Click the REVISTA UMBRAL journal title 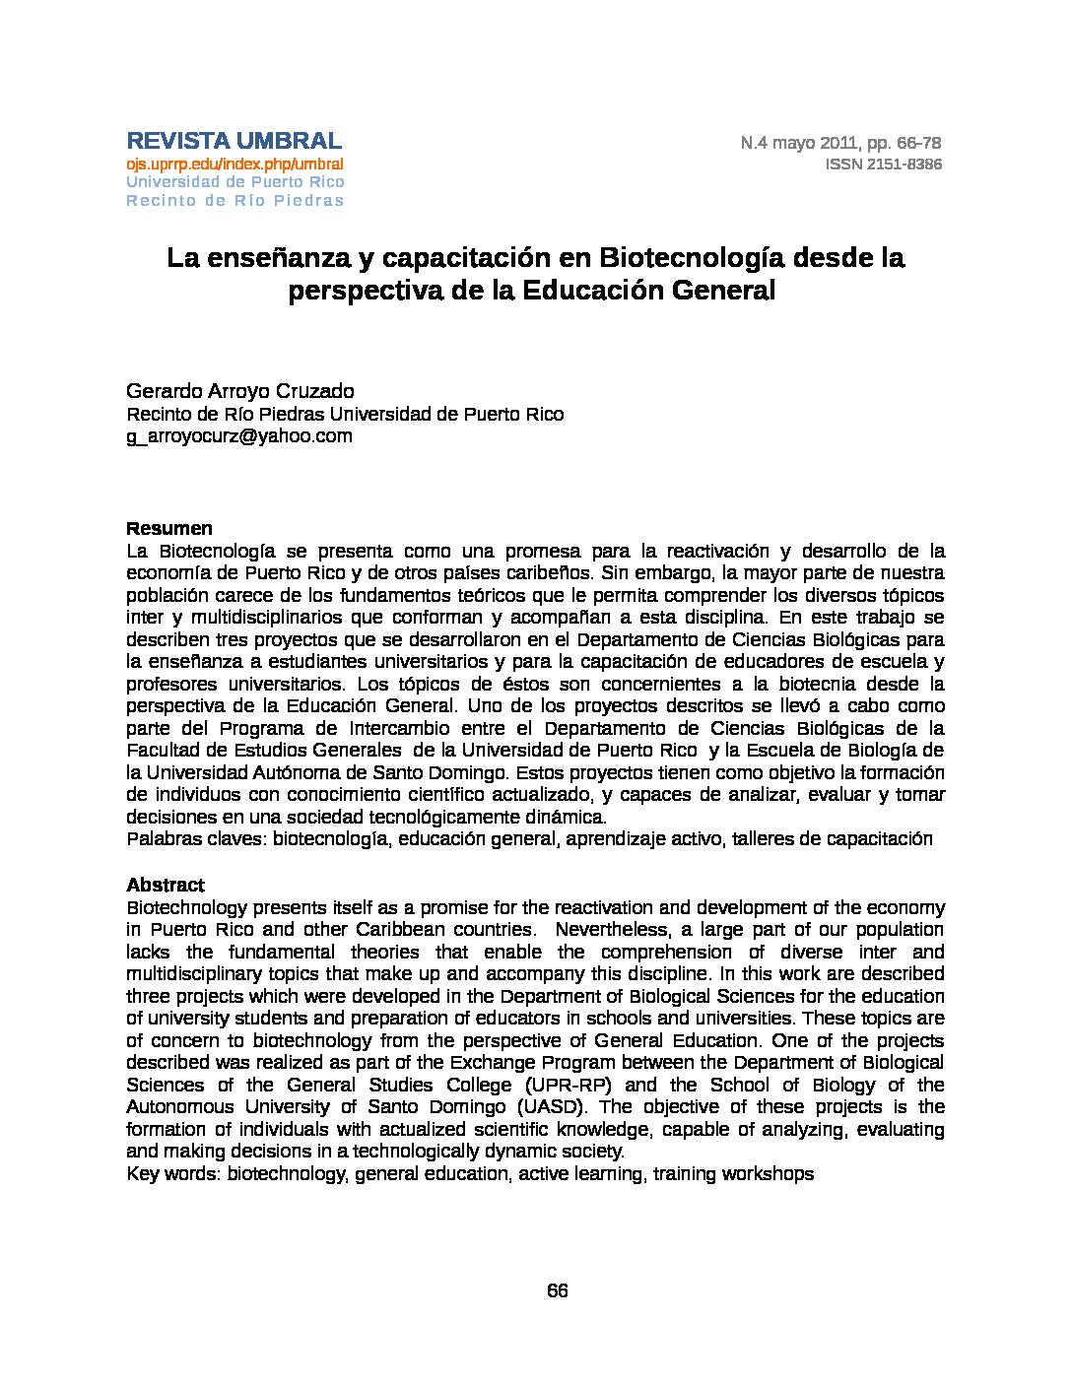pos(234,140)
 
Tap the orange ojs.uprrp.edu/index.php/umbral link pos(234,164)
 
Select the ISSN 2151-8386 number pos(883,165)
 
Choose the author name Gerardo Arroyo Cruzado pos(239,391)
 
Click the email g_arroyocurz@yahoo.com pos(238,435)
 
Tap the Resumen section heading pos(168,529)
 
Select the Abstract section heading pos(166,885)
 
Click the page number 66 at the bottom pos(557,1291)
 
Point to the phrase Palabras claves pos(196,839)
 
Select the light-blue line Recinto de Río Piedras pos(234,201)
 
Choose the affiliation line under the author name pos(345,414)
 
